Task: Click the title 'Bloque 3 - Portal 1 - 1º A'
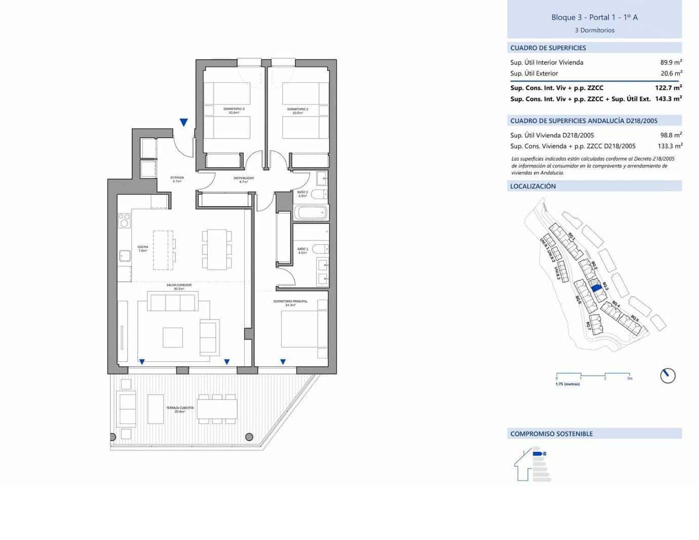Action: pos(594,17)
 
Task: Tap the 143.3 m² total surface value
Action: pos(668,99)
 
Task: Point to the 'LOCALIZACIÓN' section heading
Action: pos(533,186)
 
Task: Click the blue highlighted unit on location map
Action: pos(596,287)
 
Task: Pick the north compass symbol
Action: pos(668,375)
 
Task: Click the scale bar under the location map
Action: pos(593,375)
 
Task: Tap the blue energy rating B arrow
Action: pos(538,454)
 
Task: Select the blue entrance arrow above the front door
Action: pos(184,122)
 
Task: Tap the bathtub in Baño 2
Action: pos(310,212)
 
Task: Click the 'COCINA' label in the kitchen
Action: pos(143,247)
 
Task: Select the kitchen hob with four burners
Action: pos(124,220)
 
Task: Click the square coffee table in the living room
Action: pos(173,337)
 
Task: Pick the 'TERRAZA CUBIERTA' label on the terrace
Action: pos(179,408)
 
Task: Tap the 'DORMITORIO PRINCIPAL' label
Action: pos(290,301)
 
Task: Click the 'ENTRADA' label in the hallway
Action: pos(177,178)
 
